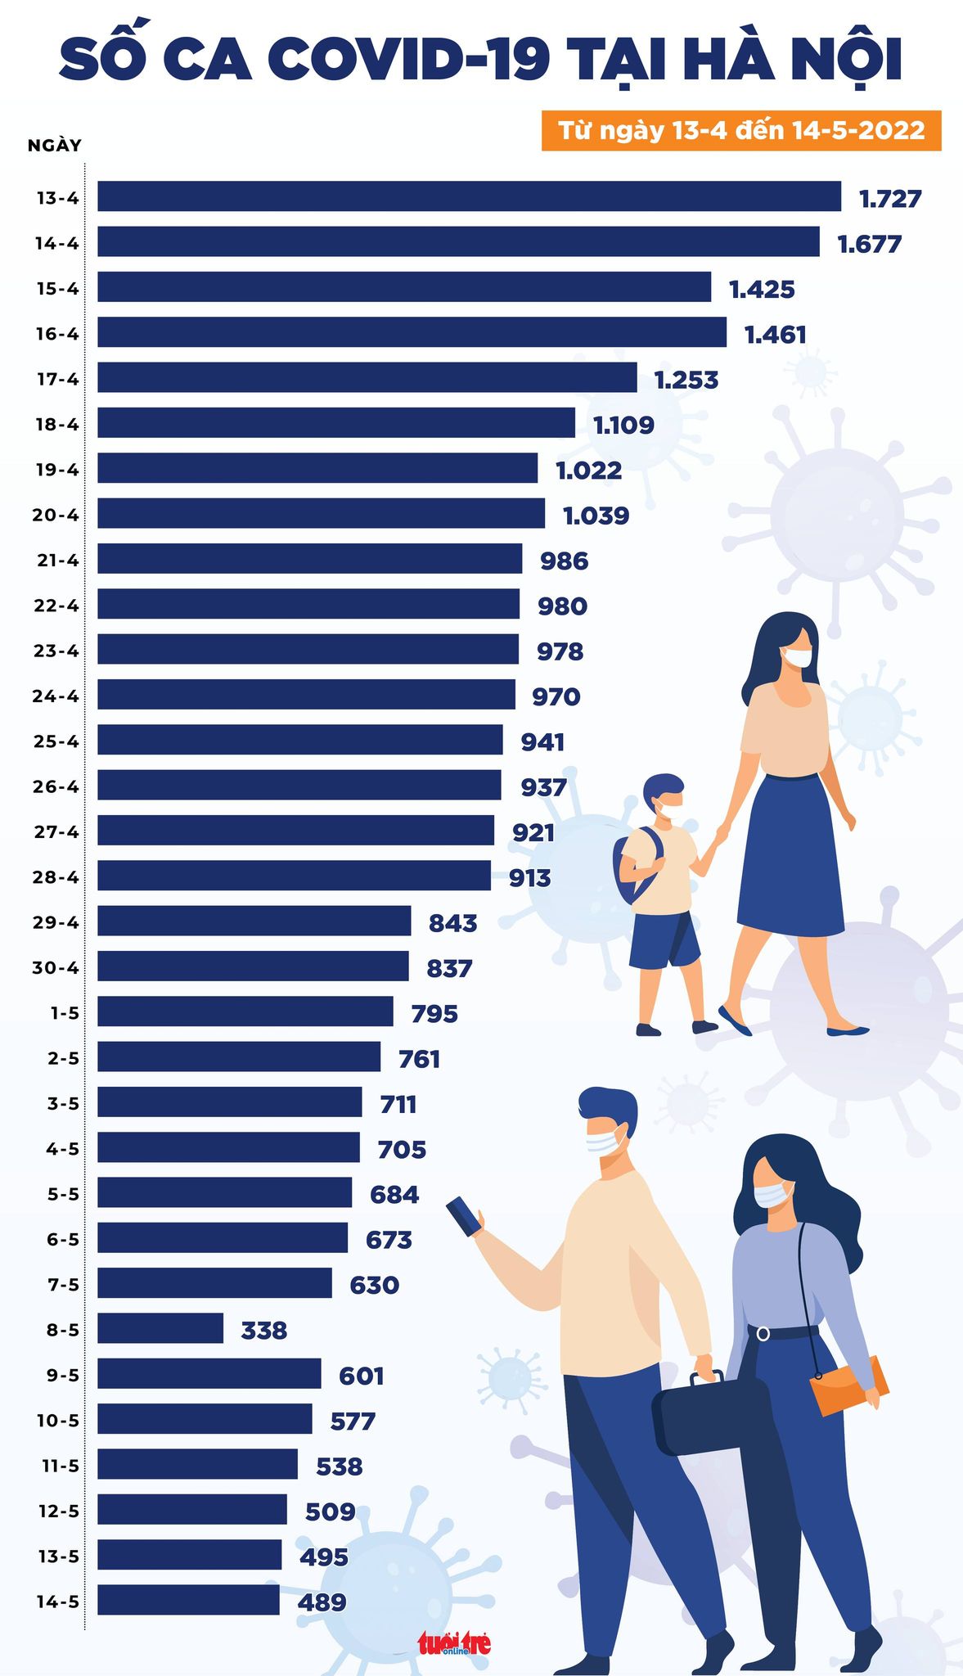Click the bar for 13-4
[x=469, y=196]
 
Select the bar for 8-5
[x=160, y=1328]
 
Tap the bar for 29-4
[x=254, y=921]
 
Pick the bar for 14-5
[x=188, y=1600]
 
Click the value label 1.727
[x=890, y=199]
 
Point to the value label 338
[x=264, y=1331]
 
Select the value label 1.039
[x=596, y=516]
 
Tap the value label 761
[x=419, y=1059]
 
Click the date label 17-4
[x=57, y=379]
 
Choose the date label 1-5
[x=65, y=1013]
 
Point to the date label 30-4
[x=56, y=967]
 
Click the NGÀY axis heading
[x=54, y=146]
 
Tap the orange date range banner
[x=741, y=131]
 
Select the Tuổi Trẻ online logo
[x=454, y=1643]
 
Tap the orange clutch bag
[x=848, y=1386]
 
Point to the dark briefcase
[x=710, y=1415]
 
